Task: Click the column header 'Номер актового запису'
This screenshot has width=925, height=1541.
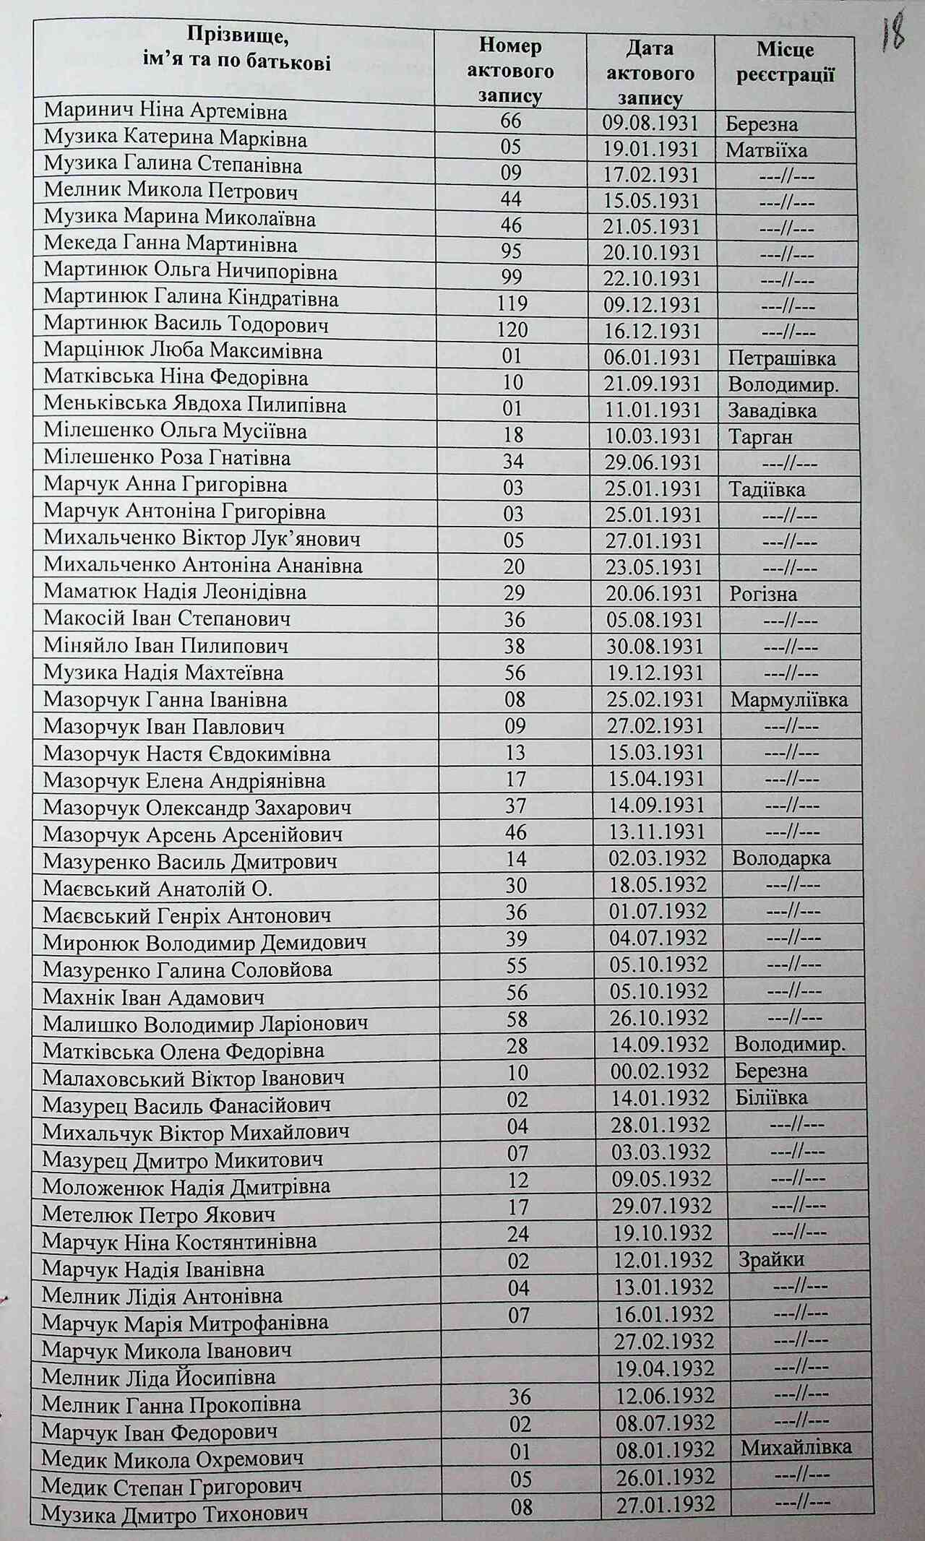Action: pos(510,71)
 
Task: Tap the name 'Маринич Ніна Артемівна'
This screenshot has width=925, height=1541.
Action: pos(165,111)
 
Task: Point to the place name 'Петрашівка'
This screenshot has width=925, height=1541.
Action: pos(782,358)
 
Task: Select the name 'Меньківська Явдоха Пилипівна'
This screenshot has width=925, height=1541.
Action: pos(194,405)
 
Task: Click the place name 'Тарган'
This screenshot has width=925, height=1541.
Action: pos(760,436)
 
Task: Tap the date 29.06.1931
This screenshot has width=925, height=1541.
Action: pos(652,463)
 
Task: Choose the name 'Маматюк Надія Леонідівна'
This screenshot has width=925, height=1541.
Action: pos(175,592)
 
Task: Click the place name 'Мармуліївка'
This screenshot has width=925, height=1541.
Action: pos(789,699)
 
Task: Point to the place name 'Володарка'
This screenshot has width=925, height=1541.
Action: pos(781,858)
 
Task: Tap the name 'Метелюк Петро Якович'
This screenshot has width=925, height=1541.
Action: pos(159,1214)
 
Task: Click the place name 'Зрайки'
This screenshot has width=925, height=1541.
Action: pos(771,1259)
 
